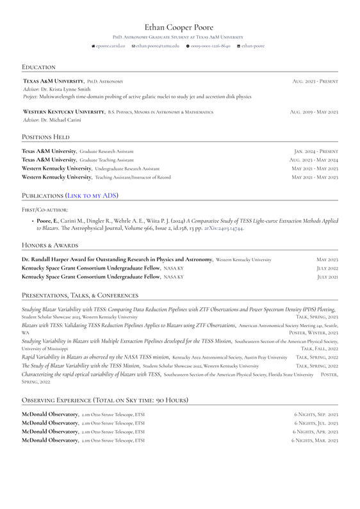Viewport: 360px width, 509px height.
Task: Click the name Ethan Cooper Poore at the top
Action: tap(179, 27)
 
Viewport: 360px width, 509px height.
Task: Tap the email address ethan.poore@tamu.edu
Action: tap(158, 46)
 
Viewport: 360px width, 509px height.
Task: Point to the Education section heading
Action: tap(38, 67)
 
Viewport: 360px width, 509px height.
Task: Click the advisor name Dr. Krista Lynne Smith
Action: tap(66, 89)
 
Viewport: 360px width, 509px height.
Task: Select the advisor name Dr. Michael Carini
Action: tap(65, 120)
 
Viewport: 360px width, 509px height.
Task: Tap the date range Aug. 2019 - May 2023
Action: tap(314, 112)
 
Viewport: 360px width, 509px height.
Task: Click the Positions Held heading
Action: tap(45, 137)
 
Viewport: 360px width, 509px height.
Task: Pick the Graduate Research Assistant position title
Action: tap(106, 151)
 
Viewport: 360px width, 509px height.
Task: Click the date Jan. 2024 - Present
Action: tap(316, 151)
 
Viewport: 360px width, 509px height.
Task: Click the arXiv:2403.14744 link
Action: tap(224, 228)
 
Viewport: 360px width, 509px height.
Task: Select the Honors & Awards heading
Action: tap(50, 245)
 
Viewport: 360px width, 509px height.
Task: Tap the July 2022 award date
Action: tap(327, 268)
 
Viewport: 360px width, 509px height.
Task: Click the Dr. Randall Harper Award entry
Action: tap(117, 259)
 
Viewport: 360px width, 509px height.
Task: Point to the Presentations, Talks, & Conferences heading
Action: tap(80, 295)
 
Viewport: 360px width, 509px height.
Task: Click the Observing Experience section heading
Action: tap(105, 400)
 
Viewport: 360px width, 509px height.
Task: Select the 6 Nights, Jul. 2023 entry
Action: tap(316, 423)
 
